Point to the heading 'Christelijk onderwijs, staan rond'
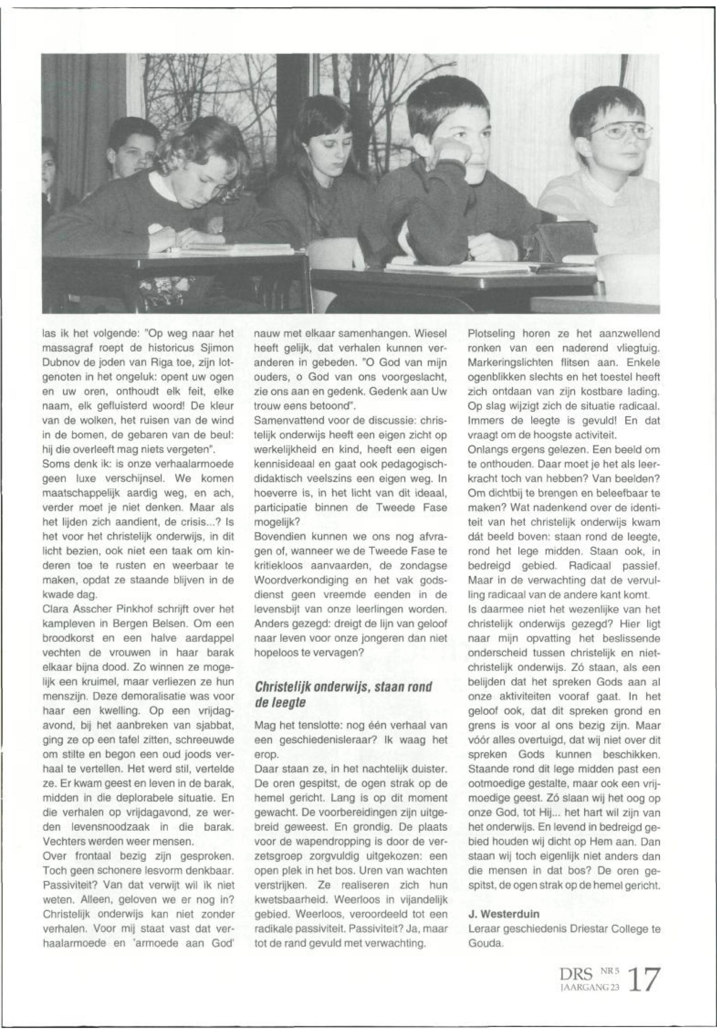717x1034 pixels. coord(343,686)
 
